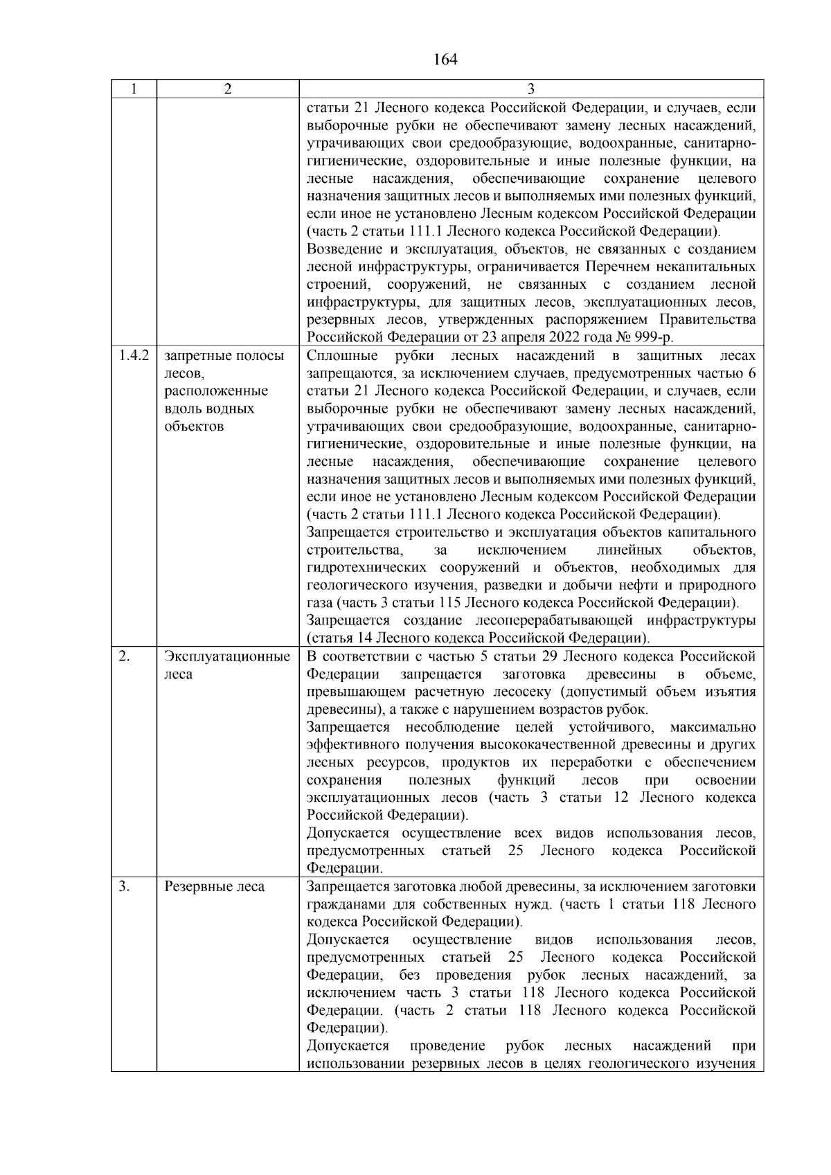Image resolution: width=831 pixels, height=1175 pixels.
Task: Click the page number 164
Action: pos(445,60)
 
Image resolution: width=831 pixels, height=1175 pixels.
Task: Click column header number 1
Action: pos(133,89)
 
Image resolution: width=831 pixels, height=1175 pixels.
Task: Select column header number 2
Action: pos(227,89)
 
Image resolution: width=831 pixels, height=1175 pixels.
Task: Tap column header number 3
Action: pos(530,89)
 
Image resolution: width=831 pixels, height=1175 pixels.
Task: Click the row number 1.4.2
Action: pos(133,356)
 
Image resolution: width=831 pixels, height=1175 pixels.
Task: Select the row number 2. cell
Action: pos(124,656)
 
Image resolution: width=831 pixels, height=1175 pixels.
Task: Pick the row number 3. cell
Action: pos(124,887)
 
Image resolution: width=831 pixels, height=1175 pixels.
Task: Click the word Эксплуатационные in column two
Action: pos(227,656)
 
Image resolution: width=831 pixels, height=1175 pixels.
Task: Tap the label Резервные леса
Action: pos(215,887)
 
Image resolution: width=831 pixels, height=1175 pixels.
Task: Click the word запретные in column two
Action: pos(192,356)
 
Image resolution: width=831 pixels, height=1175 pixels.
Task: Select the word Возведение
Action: pos(343,249)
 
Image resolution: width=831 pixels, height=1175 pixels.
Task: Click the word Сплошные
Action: pos(342,356)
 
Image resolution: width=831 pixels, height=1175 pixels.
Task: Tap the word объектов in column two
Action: pos(195,427)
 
